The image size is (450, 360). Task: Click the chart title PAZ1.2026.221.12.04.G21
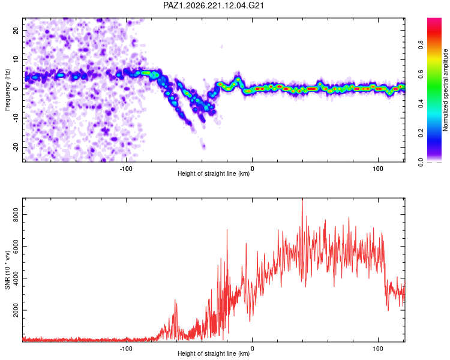[213, 5]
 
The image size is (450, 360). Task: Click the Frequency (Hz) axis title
[7, 90]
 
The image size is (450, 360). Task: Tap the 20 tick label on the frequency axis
[16, 31]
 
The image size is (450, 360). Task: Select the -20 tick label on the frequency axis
[16, 147]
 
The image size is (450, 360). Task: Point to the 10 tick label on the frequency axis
[16, 59]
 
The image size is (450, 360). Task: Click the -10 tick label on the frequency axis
[16, 118]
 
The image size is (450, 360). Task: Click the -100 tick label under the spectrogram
[126, 169]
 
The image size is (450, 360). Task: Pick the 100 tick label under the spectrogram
[378, 169]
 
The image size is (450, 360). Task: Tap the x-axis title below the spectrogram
[214, 173]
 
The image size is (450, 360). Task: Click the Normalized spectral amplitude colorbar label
[445, 90]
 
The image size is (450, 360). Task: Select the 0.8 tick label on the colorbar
[421, 45]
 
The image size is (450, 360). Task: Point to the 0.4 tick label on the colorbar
[421, 104]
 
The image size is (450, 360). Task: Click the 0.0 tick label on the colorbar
[421, 163]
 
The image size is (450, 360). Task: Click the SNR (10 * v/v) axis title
[7, 270]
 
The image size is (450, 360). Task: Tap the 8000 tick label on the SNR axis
[16, 214]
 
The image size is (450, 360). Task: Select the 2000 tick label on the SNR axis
[16, 310]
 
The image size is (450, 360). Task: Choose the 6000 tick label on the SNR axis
[16, 247]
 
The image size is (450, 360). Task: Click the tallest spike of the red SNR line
[302, 199]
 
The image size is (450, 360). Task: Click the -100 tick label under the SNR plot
[126, 349]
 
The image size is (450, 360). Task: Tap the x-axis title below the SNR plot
[214, 353]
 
